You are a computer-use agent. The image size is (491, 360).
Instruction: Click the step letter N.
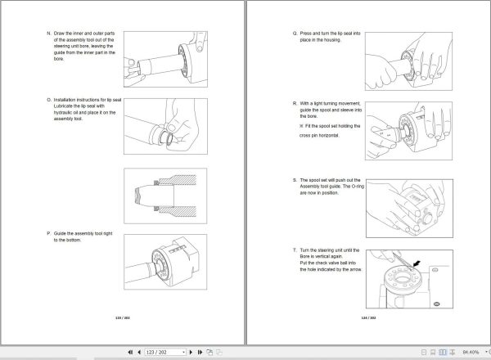[48, 34]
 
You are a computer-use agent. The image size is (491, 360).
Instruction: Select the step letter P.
[48, 233]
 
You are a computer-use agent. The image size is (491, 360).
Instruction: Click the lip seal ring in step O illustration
[169, 133]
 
